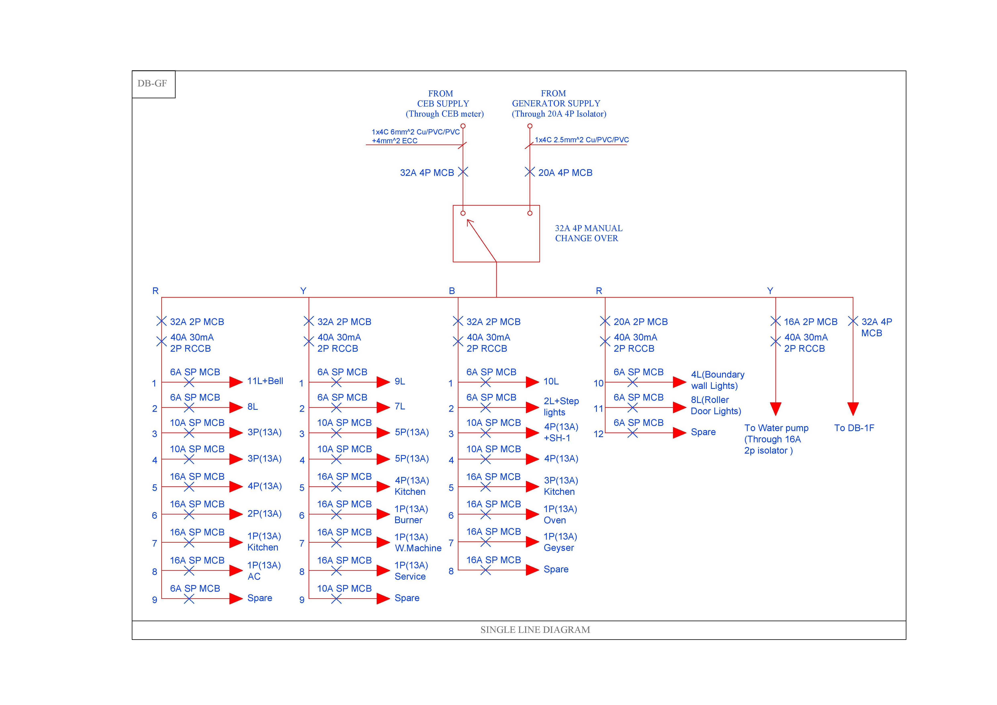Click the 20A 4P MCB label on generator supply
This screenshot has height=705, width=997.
[x=565, y=173]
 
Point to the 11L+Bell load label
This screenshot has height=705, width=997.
[x=265, y=381]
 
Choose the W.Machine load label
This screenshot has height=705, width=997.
[x=418, y=548]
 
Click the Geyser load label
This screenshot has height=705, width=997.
[x=558, y=548]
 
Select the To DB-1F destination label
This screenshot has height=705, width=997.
[x=854, y=428]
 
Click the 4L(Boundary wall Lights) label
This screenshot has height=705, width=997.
[x=717, y=380]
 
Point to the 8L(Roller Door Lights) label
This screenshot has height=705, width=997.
[x=716, y=405]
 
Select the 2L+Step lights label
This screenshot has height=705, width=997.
[x=561, y=407]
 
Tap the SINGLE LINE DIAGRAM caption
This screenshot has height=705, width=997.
[x=535, y=630]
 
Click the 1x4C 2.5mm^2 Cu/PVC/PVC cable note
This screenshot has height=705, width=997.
[x=581, y=140]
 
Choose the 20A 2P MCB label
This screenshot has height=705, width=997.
[x=640, y=322]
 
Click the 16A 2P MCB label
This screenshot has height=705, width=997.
[x=810, y=322]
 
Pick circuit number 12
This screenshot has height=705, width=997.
[x=598, y=434]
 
